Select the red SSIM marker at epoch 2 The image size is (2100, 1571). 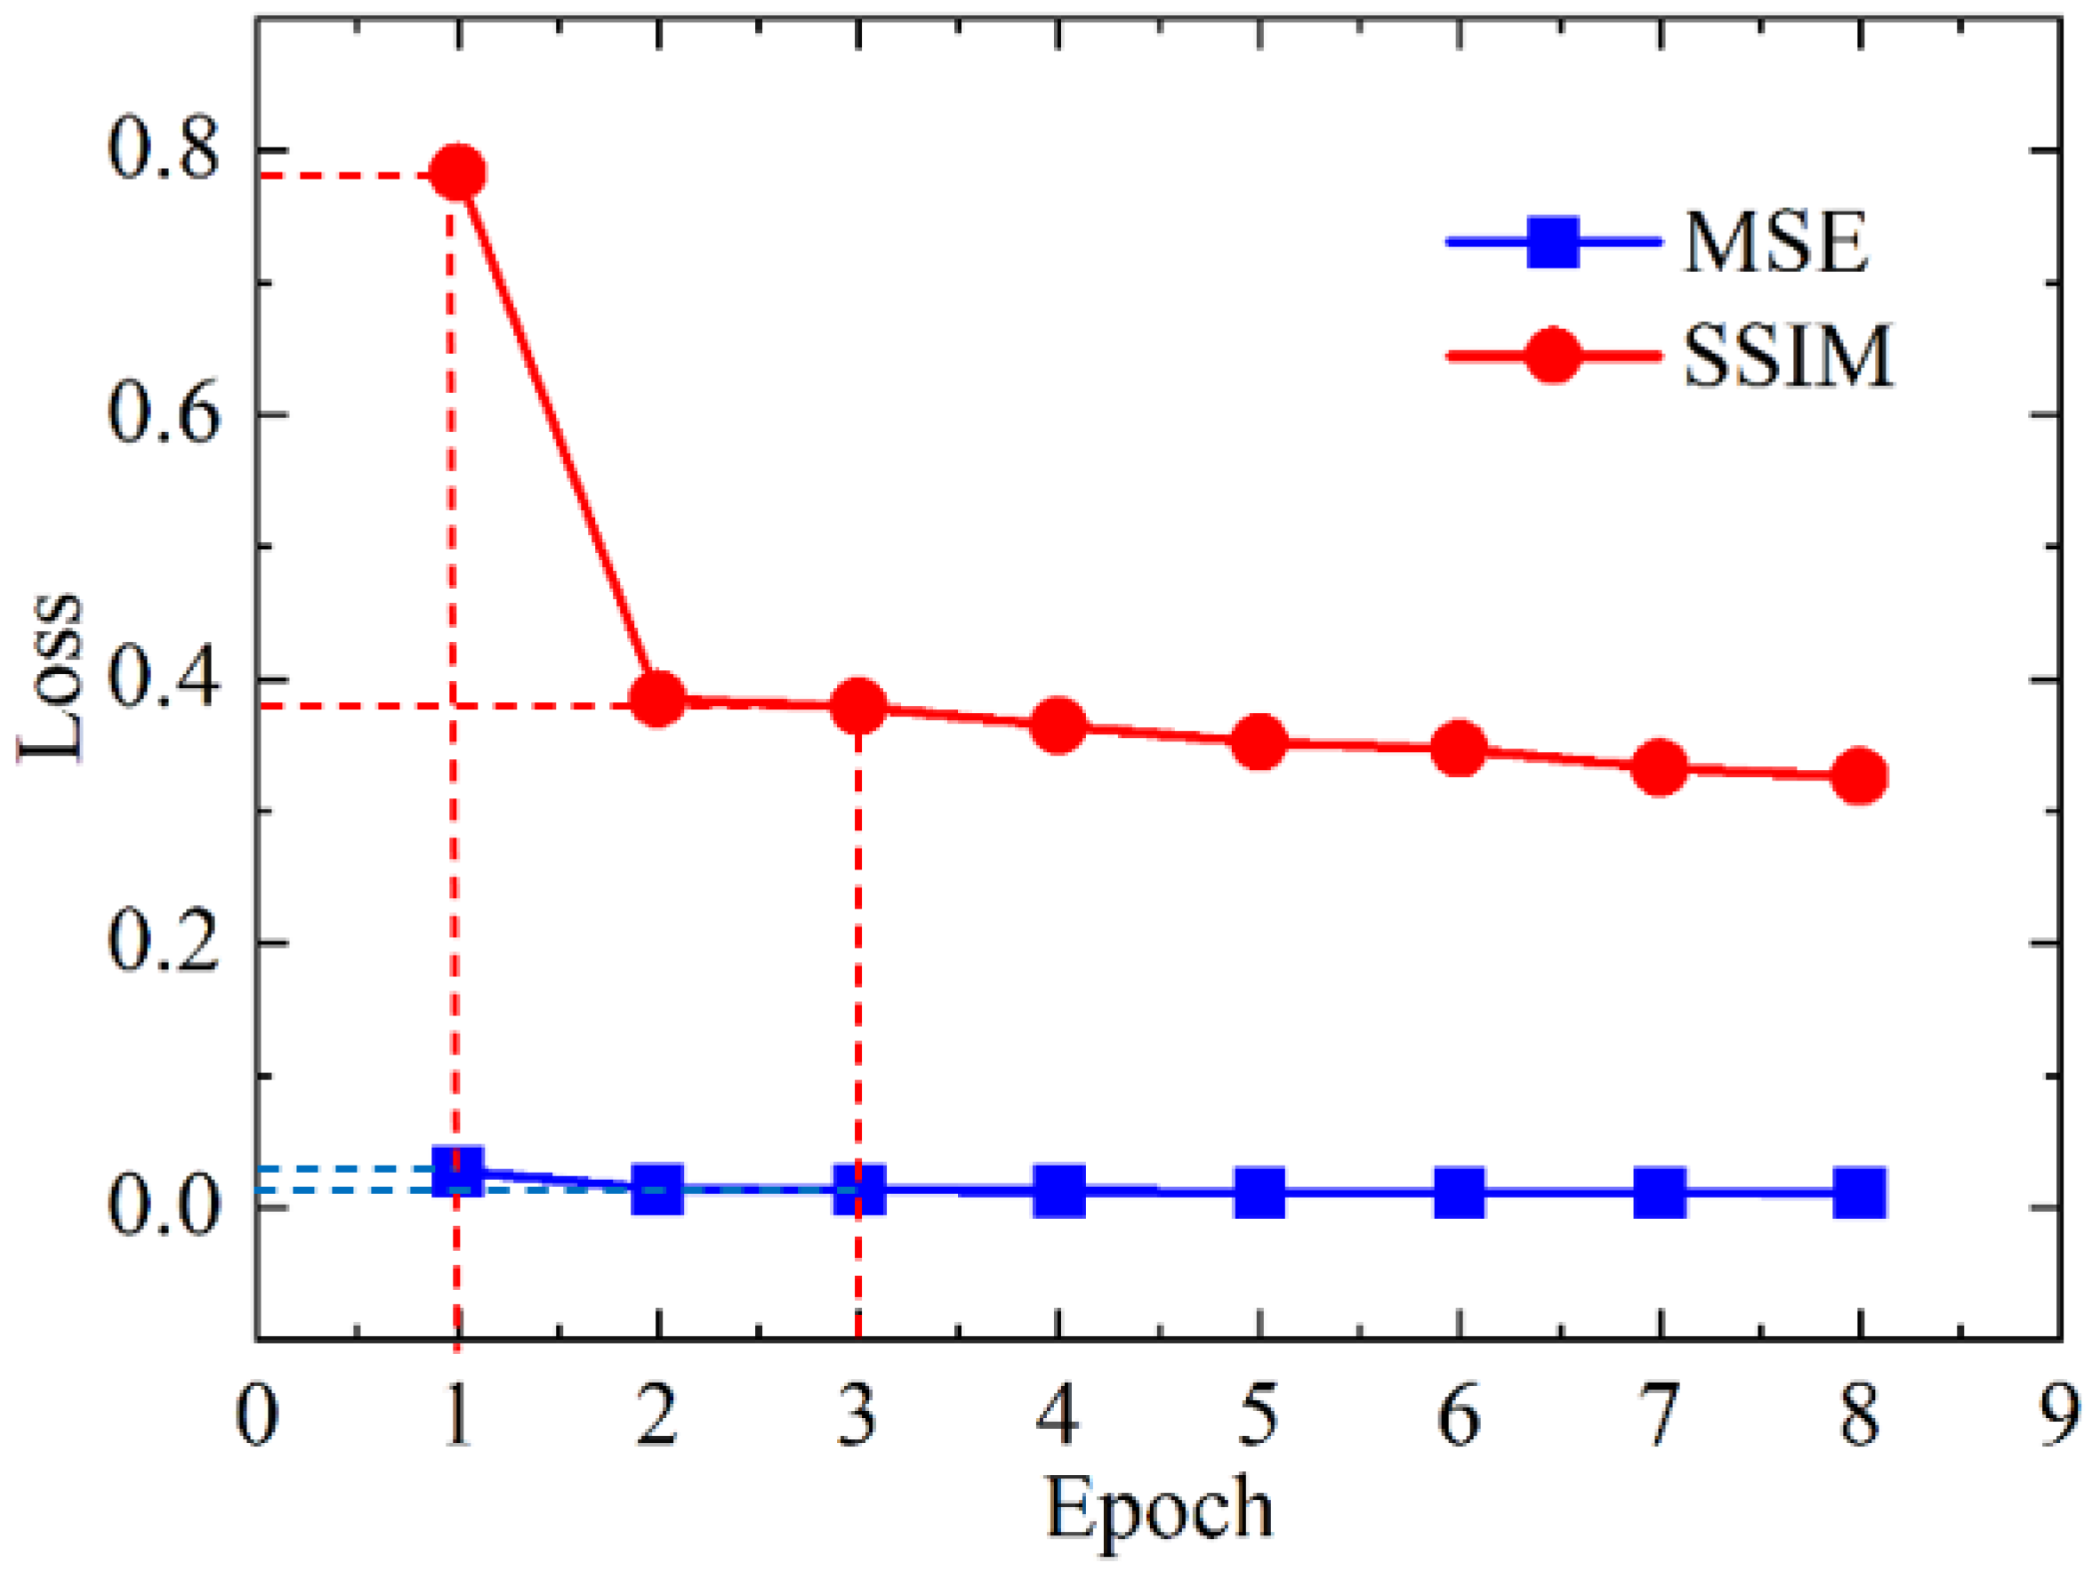658,700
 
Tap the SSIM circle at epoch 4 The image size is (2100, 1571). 1058,726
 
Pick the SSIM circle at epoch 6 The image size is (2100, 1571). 1460,749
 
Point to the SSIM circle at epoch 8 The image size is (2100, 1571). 1859,775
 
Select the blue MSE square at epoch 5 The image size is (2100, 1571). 1259,1192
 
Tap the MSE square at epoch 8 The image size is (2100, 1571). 1859,1192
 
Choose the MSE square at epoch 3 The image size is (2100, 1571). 859,1189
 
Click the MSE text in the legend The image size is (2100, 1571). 1775,243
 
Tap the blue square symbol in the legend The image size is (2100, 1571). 1553,243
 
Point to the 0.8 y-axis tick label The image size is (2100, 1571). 164,152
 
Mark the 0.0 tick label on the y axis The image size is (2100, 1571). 164,1207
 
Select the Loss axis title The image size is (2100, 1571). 52,678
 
